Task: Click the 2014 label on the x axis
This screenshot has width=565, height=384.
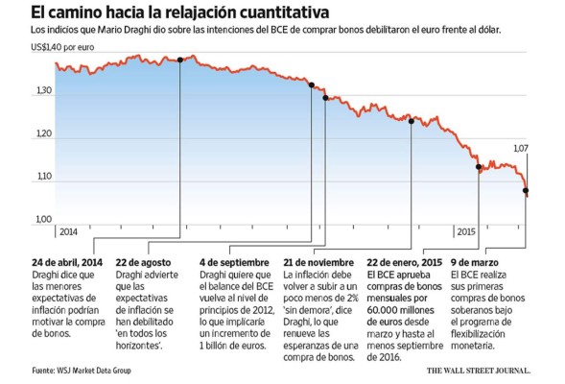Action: tap(67, 232)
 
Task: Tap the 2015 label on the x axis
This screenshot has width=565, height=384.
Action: tap(466, 232)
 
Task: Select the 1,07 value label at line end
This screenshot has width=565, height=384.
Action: tap(521, 149)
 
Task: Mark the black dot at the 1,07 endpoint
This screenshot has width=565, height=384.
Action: tap(525, 191)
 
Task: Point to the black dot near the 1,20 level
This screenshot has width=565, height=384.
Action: tap(412, 121)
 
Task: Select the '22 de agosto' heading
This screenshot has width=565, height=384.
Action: tap(146, 262)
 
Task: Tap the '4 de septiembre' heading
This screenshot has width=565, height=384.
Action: tap(234, 262)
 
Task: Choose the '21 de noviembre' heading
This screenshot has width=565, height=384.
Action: tap(319, 262)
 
